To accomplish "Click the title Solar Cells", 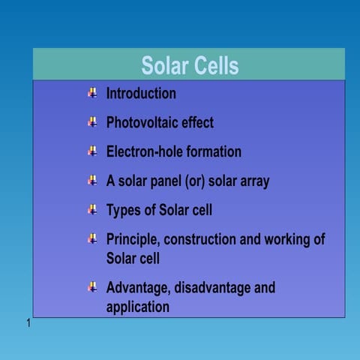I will pos(190,65).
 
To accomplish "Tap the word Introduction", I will pos(141,94).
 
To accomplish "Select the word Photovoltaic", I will pos(148,122).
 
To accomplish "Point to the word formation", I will pos(214,151).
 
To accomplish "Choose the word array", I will pos(253,181).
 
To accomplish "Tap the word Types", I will pos(124,209).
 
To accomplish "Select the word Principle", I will pos(132,239).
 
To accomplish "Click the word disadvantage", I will pos(211,287).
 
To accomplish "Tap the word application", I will pos(138,307).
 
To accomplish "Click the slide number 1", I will pos(28,323).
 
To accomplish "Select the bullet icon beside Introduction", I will pos(92,93).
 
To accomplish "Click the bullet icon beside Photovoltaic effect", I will pos(92,121).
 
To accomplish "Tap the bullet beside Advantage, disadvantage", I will pos(92,286).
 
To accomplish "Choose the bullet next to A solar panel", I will pos(92,180).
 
